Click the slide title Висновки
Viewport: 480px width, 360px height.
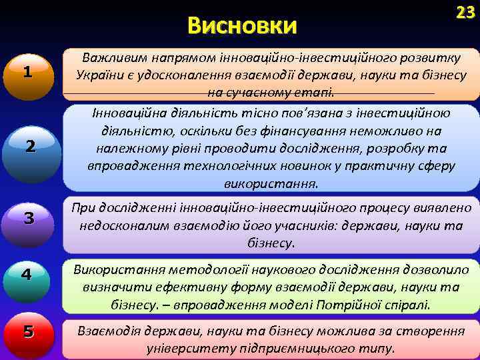[242, 26]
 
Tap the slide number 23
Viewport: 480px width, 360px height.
[465, 12]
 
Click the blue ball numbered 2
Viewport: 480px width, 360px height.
[30, 148]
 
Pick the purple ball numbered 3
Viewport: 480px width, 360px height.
[28, 218]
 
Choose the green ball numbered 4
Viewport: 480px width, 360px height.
[26, 274]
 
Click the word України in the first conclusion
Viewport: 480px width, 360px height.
[99, 75]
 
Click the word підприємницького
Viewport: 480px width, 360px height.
[287, 348]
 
